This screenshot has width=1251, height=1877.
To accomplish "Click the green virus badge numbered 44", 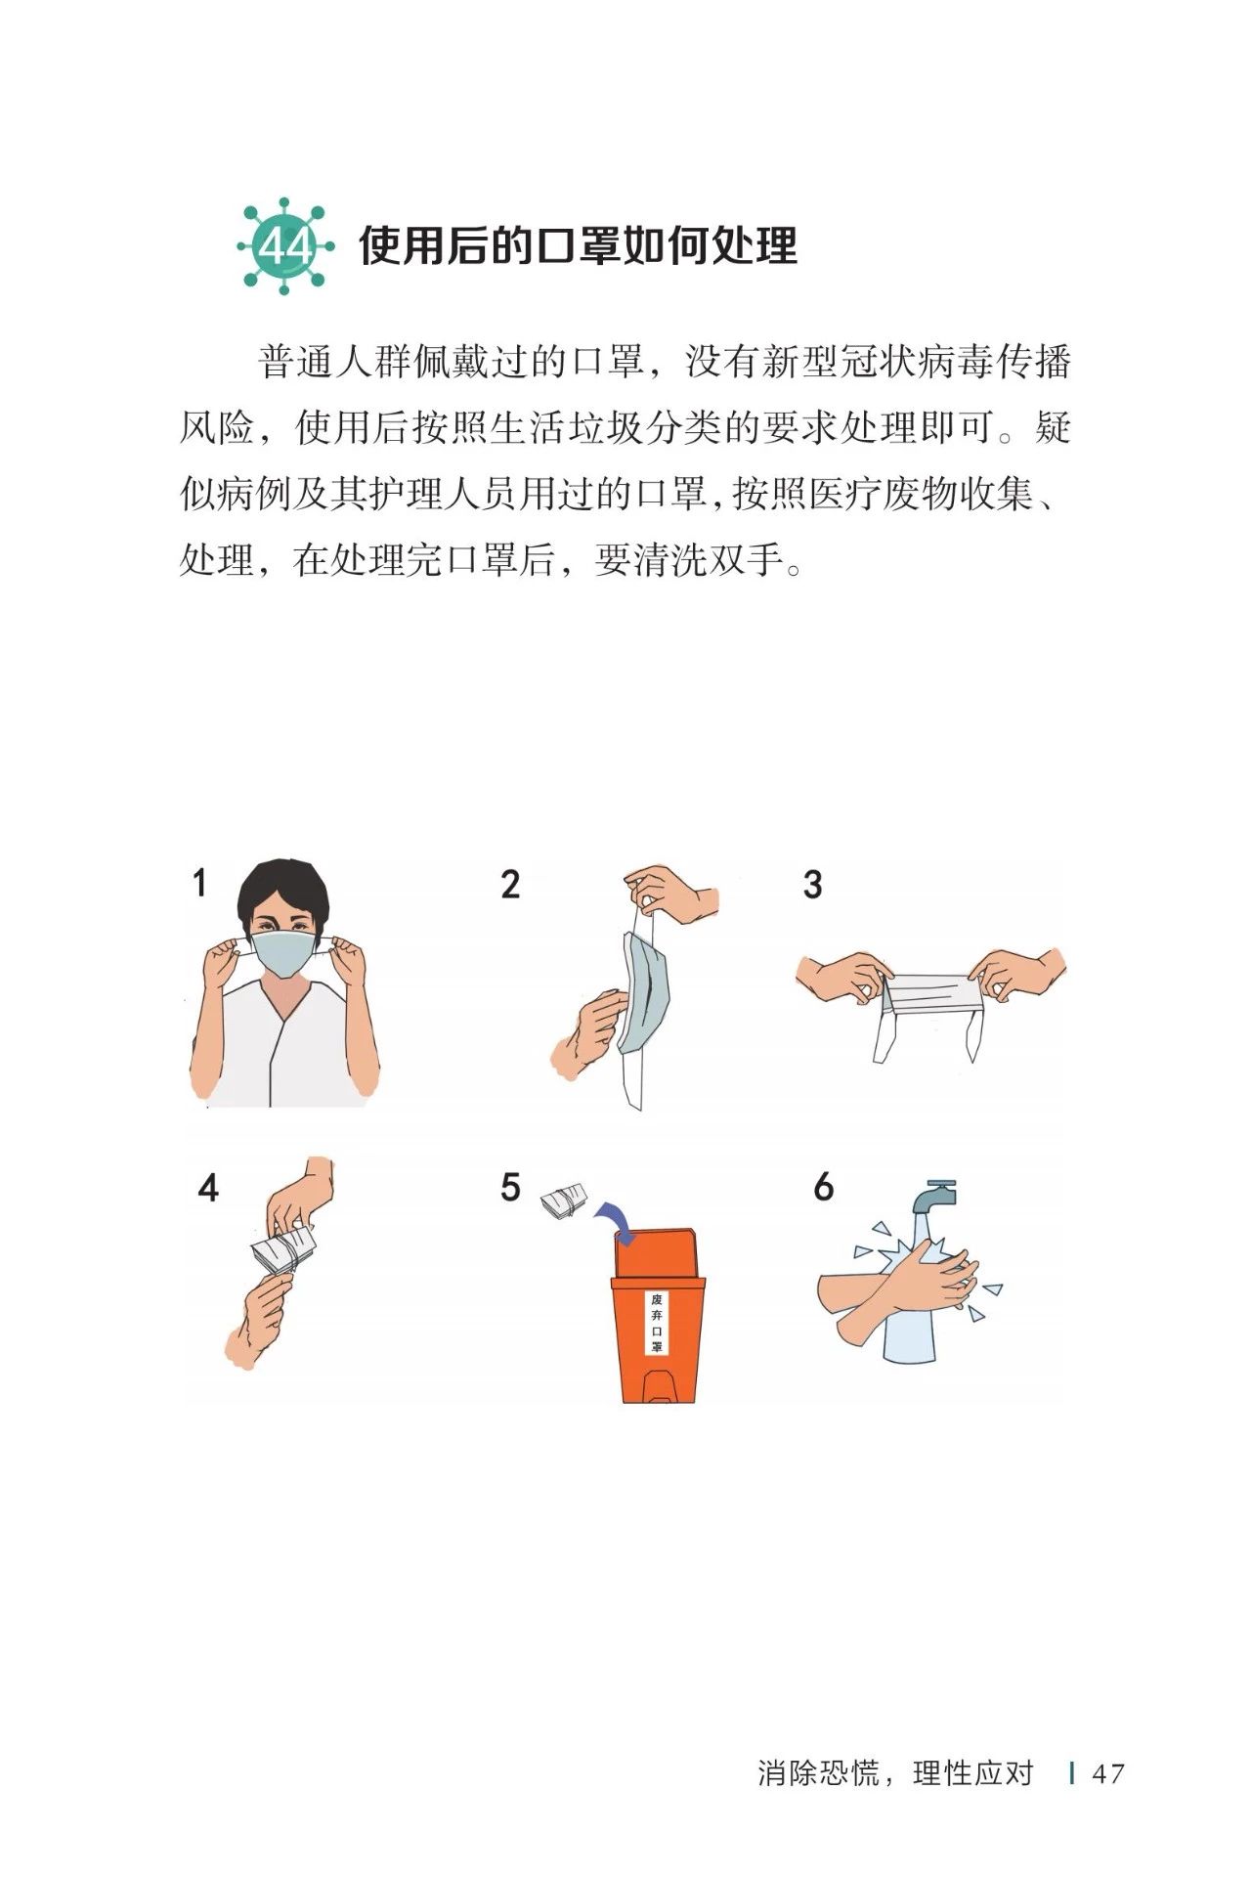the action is coord(284,246).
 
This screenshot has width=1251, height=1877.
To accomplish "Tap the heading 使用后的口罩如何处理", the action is coord(579,245).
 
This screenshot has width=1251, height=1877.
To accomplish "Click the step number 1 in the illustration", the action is coord(199,883).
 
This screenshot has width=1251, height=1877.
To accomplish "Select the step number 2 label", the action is coord(510,885).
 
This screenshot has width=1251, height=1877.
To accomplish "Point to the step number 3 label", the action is coord(812,885).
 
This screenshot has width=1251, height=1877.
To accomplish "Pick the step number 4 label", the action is coord(208,1188).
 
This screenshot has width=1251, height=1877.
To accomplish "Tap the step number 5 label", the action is coord(510,1188).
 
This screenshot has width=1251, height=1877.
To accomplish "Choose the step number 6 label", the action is coord(823,1188).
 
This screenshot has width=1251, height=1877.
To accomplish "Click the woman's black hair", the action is coord(284,885).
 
